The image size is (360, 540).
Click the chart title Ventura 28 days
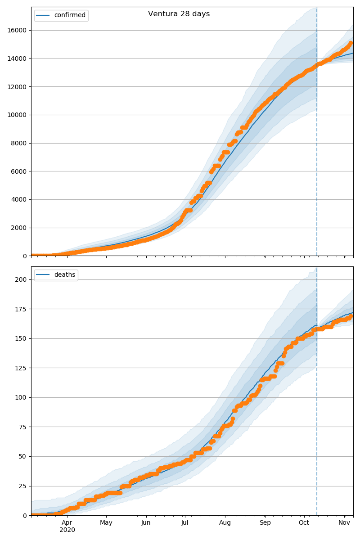point(179,14)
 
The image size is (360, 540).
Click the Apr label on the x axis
point(67,522)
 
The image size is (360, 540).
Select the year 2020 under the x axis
point(67,530)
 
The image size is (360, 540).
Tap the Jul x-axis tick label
point(185,522)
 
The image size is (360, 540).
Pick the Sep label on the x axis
point(265,522)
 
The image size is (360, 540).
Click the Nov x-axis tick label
point(344,522)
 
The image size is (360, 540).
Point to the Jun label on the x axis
point(146,522)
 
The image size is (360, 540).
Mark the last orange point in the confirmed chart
point(351,43)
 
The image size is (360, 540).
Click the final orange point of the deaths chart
point(351,316)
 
